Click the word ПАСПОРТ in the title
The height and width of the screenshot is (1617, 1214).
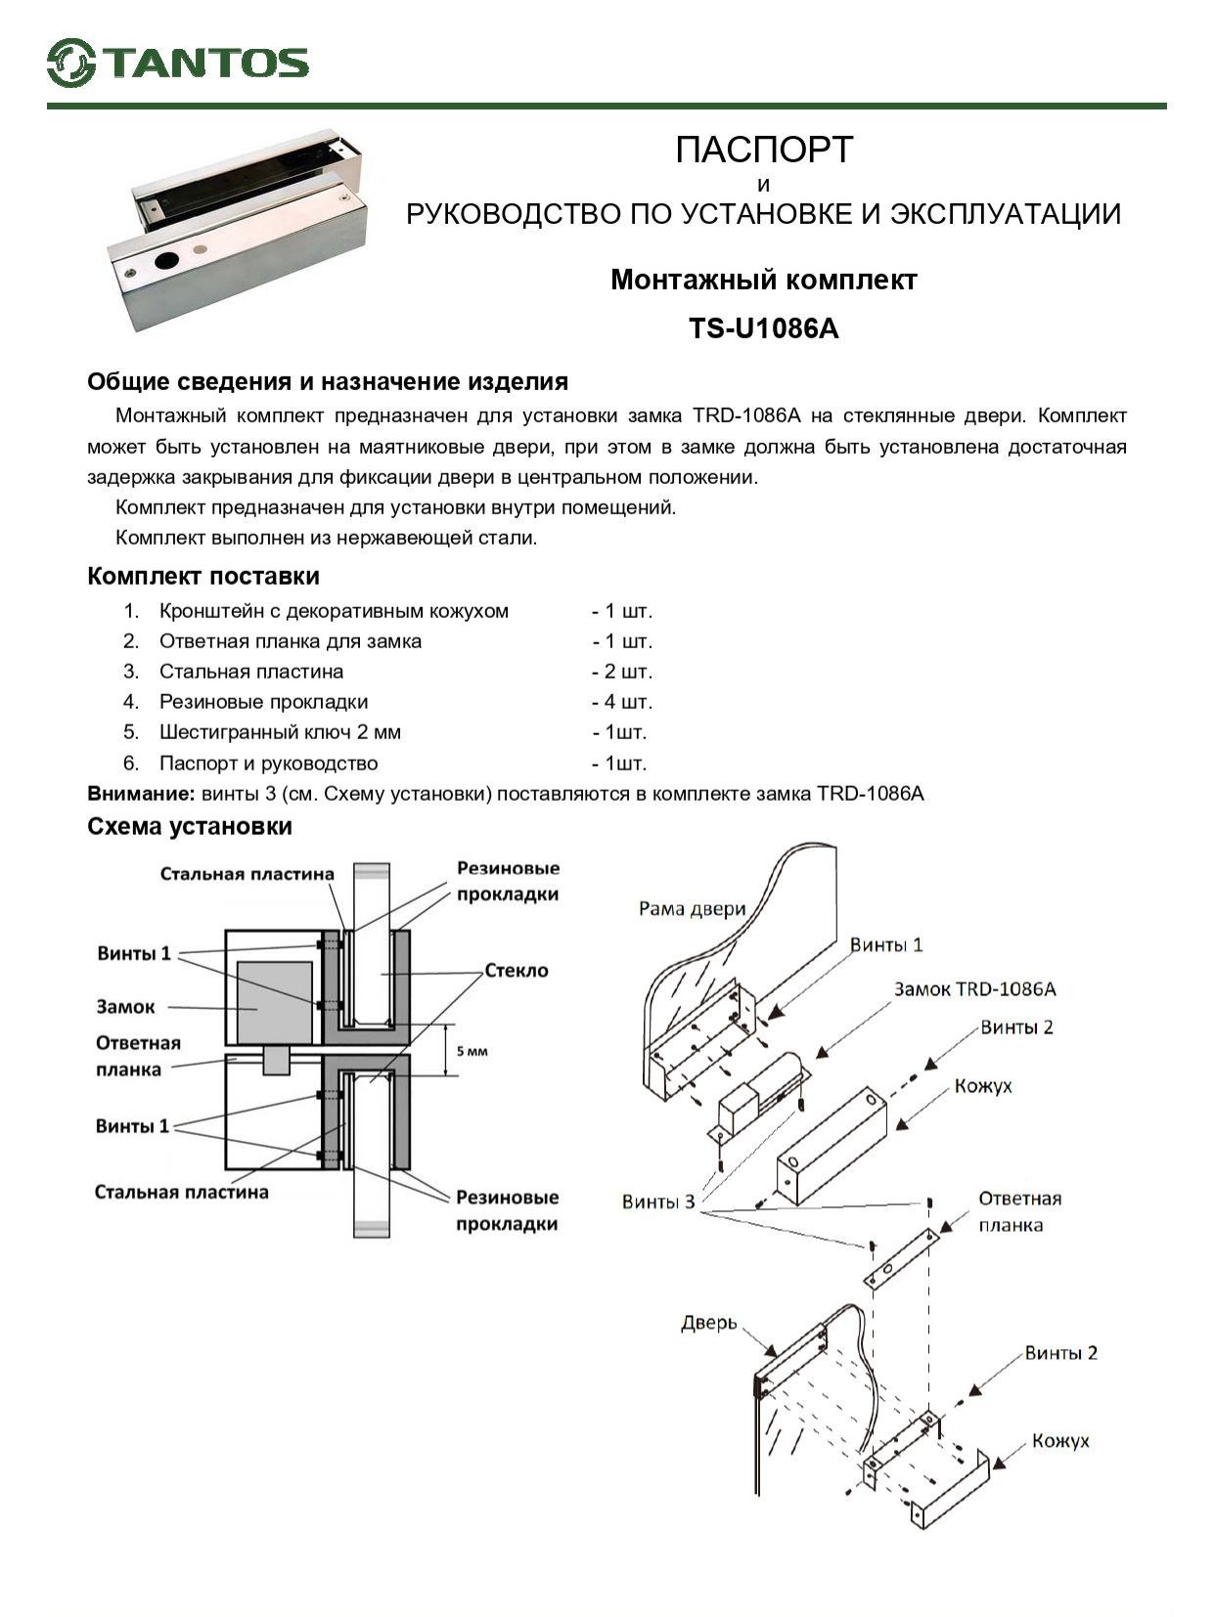763,150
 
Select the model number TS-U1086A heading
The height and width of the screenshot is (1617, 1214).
763,328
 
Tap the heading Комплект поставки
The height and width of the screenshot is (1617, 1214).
203,576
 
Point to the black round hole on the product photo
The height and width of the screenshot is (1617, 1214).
167,261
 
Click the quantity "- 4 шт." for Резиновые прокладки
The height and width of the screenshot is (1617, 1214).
621,702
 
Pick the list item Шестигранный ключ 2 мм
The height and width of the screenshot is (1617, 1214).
280,732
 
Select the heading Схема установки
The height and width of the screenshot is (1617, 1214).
190,826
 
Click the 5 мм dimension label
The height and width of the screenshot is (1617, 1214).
471,1052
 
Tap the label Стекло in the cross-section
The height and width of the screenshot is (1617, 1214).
517,970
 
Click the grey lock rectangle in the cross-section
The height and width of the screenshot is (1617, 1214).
275,1002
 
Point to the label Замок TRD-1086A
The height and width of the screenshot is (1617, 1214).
974,988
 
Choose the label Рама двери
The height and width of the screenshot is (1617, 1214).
692,908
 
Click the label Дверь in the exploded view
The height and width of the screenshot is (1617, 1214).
708,1323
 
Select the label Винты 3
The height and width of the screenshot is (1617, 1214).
657,1201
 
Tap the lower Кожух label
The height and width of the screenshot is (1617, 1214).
1060,1441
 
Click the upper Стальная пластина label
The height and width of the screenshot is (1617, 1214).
247,874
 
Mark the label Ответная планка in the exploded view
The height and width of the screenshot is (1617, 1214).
1019,1211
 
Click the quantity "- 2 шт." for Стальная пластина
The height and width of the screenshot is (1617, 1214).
621,672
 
